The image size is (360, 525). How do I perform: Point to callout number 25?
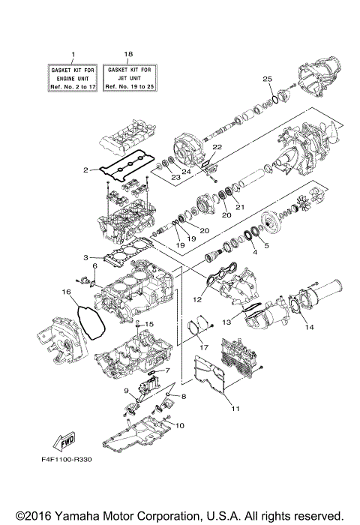[x=266, y=79]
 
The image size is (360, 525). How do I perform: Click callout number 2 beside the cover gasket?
[x=86, y=171]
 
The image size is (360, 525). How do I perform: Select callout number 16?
[x=66, y=291]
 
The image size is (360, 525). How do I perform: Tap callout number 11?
[x=235, y=409]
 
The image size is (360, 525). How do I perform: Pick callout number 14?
[x=310, y=327]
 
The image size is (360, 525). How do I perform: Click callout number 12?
[x=197, y=300]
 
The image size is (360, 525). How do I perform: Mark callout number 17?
[x=202, y=347]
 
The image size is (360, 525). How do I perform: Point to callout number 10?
[x=180, y=425]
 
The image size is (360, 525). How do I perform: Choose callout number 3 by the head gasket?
[x=86, y=257]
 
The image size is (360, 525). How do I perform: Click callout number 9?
[x=127, y=391]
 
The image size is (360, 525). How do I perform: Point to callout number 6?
[x=94, y=266]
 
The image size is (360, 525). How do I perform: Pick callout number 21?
[x=241, y=207]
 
